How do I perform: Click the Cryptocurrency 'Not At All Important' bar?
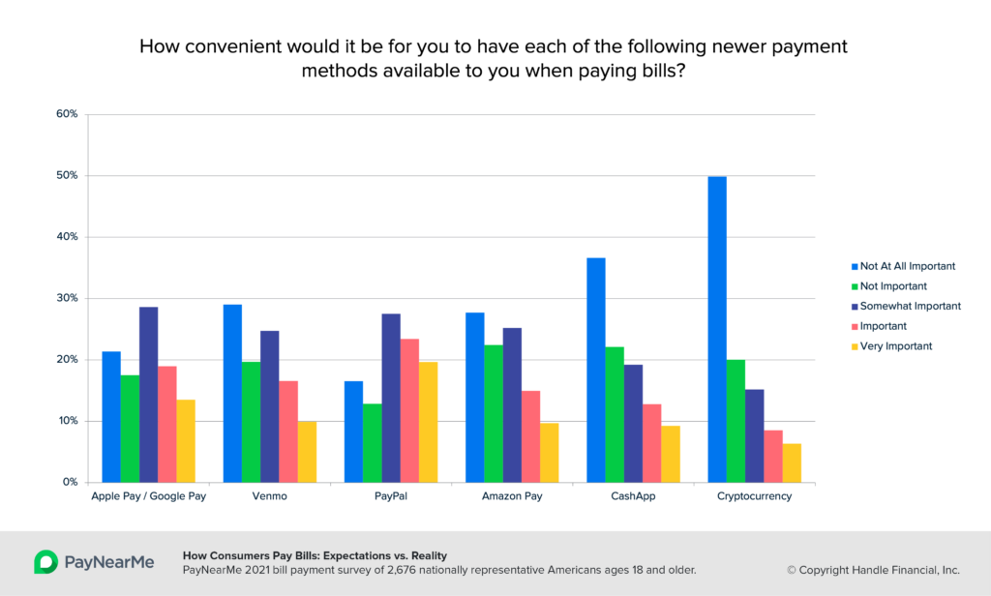tap(717, 329)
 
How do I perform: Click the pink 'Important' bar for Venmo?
tap(288, 432)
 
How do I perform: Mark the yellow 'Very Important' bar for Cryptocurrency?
tap(792, 462)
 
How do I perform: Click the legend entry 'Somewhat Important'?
tap(909, 306)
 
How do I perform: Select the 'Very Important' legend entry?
tap(896, 345)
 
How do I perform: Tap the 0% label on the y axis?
tap(70, 482)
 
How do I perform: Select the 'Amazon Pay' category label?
tap(513, 496)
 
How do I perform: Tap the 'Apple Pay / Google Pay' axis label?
tap(149, 496)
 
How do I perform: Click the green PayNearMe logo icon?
tap(45, 562)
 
